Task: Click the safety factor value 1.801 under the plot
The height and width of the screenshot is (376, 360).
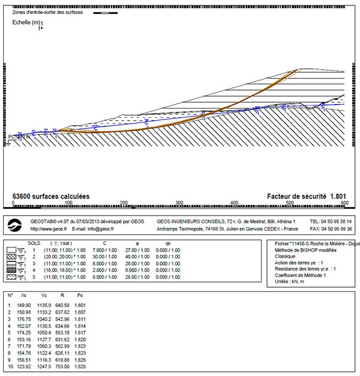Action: point(338,196)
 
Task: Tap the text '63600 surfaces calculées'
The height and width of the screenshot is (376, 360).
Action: point(50,196)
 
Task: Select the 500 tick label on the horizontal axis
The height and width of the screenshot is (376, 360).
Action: point(290,204)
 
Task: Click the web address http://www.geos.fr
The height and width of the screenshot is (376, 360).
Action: point(49,229)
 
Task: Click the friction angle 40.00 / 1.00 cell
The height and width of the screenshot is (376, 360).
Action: point(151,256)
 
